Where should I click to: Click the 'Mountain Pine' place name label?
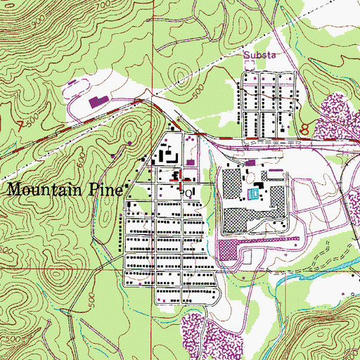pyautogui.click(x=67, y=189)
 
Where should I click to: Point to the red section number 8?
pyautogui.click(x=304, y=129)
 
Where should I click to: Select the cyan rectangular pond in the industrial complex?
pyautogui.click(x=252, y=193)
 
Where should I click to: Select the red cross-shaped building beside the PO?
pyautogui.click(x=175, y=175)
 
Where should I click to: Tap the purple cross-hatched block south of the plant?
pyautogui.click(x=228, y=248)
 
